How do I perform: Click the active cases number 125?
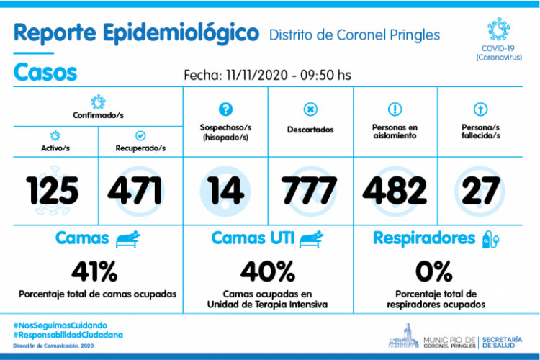[53, 191]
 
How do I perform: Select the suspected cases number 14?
[226, 191]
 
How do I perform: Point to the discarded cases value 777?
[310, 191]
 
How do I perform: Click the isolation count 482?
[394, 191]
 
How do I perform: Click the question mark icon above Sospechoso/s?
[225, 109]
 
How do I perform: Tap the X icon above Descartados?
[310, 109]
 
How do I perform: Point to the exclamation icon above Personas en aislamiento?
[394, 109]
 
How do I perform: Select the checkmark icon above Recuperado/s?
[140, 135]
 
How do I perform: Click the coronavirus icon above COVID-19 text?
[498, 30]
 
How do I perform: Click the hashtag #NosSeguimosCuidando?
[60, 325]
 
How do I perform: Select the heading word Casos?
[45, 73]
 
